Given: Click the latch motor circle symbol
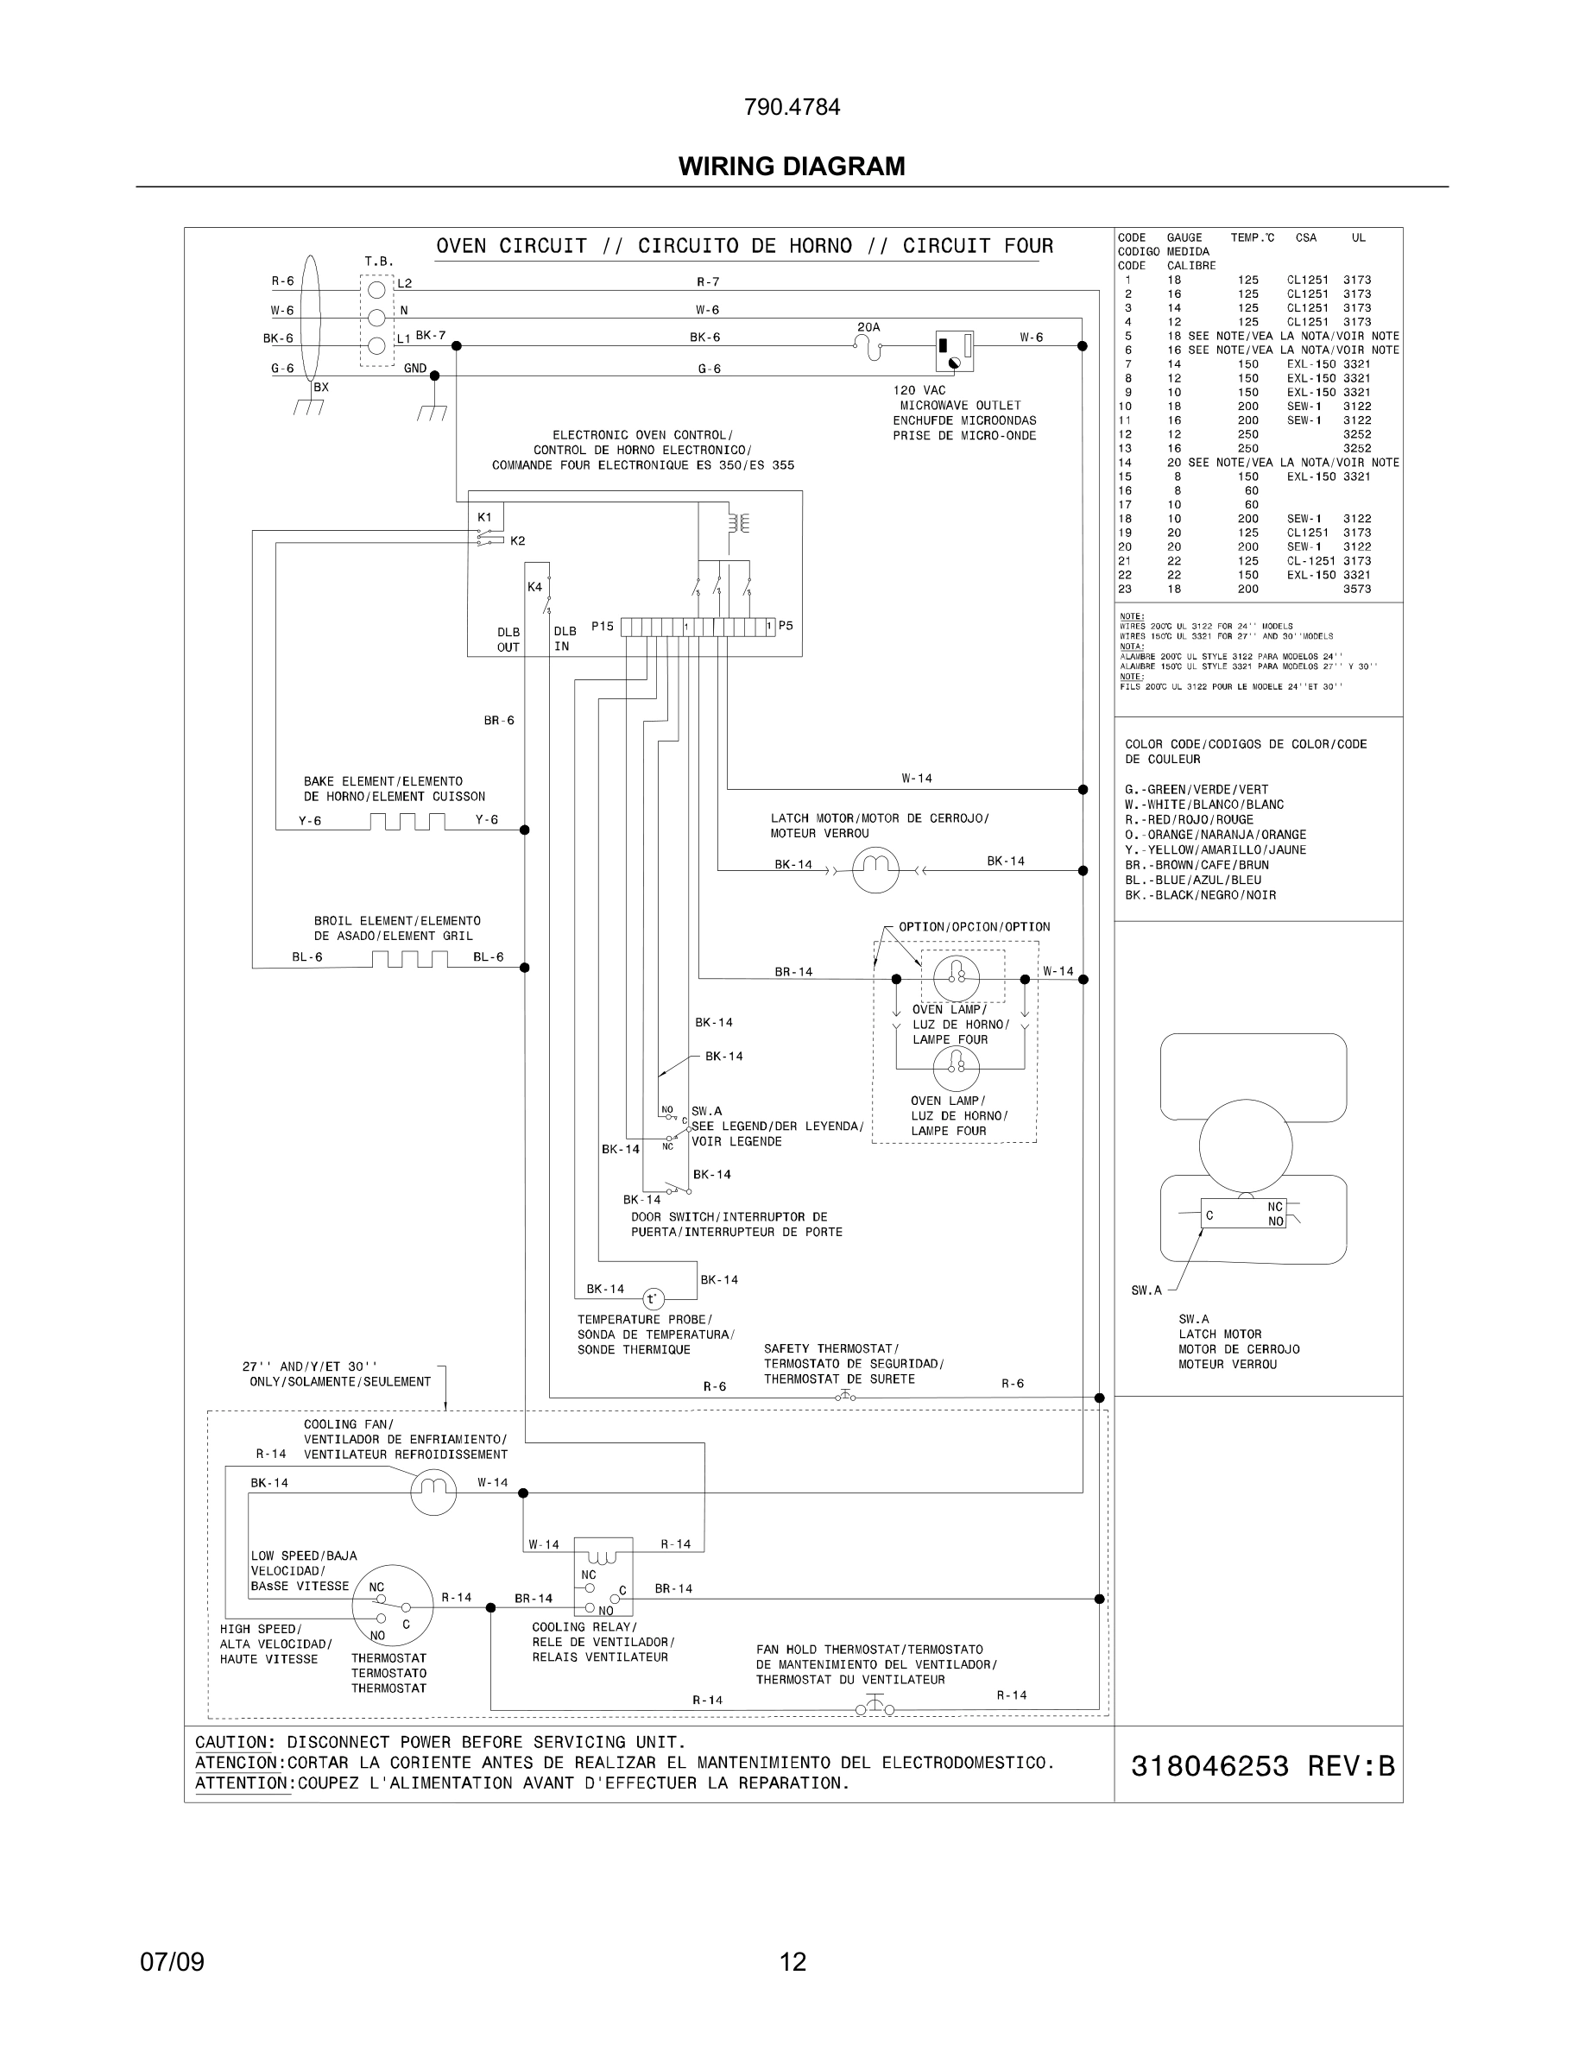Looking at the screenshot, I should click(x=875, y=869).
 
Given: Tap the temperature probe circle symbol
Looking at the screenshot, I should click(x=652, y=1299).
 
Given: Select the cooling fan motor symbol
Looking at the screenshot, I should click(x=433, y=1492).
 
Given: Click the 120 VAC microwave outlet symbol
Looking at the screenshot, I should click(x=953, y=351).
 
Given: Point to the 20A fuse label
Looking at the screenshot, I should click(x=868, y=327).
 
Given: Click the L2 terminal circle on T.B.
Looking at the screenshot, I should click(x=376, y=289).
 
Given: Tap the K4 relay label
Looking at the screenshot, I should click(x=534, y=587).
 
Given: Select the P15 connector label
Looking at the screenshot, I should click(x=602, y=626).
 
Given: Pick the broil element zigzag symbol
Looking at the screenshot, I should click(x=408, y=959).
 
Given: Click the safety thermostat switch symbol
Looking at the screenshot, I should click(x=845, y=1397).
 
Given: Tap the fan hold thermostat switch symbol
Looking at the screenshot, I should click(x=875, y=1707).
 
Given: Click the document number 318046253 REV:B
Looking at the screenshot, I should click(x=1262, y=1766).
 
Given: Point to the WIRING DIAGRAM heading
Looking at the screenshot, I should click(x=792, y=167).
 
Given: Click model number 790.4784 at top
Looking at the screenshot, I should click(x=792, y=107).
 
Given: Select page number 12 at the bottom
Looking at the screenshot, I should click(x=792, y=1962).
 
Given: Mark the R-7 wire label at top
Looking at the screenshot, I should click(x=708, y=281).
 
